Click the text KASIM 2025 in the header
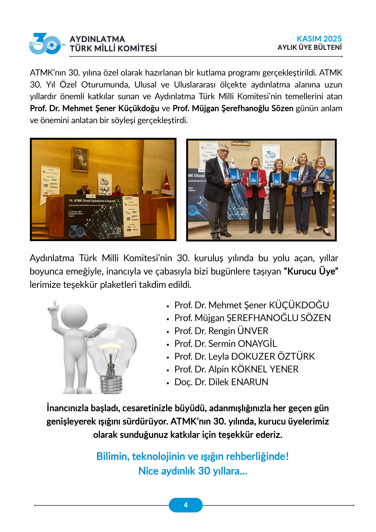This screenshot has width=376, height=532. (319, 39)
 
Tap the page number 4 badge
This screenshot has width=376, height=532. (186, 505)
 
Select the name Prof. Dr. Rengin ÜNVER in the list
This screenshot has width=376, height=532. (221, 331)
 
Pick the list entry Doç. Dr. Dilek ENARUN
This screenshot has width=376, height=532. (221, 382)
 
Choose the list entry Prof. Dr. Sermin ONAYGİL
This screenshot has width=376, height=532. (225, 344)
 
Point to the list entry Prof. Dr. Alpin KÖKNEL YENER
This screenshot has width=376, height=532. (236, 369)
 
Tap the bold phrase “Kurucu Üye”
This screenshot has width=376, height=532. (311, 271)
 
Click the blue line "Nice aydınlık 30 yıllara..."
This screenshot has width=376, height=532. (193, 471)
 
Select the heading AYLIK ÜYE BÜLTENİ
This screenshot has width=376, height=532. (310, 48)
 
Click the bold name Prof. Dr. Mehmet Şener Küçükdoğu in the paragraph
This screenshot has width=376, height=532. (94, 109)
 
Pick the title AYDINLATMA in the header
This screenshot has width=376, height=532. (97, 39)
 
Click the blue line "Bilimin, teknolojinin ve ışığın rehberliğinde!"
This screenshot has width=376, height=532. (193, 456)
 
